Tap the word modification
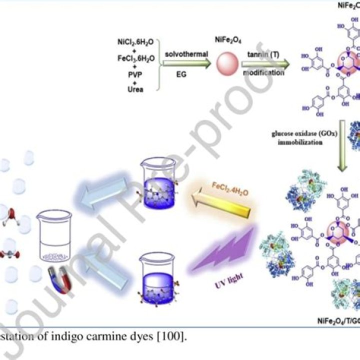coord(263,73)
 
